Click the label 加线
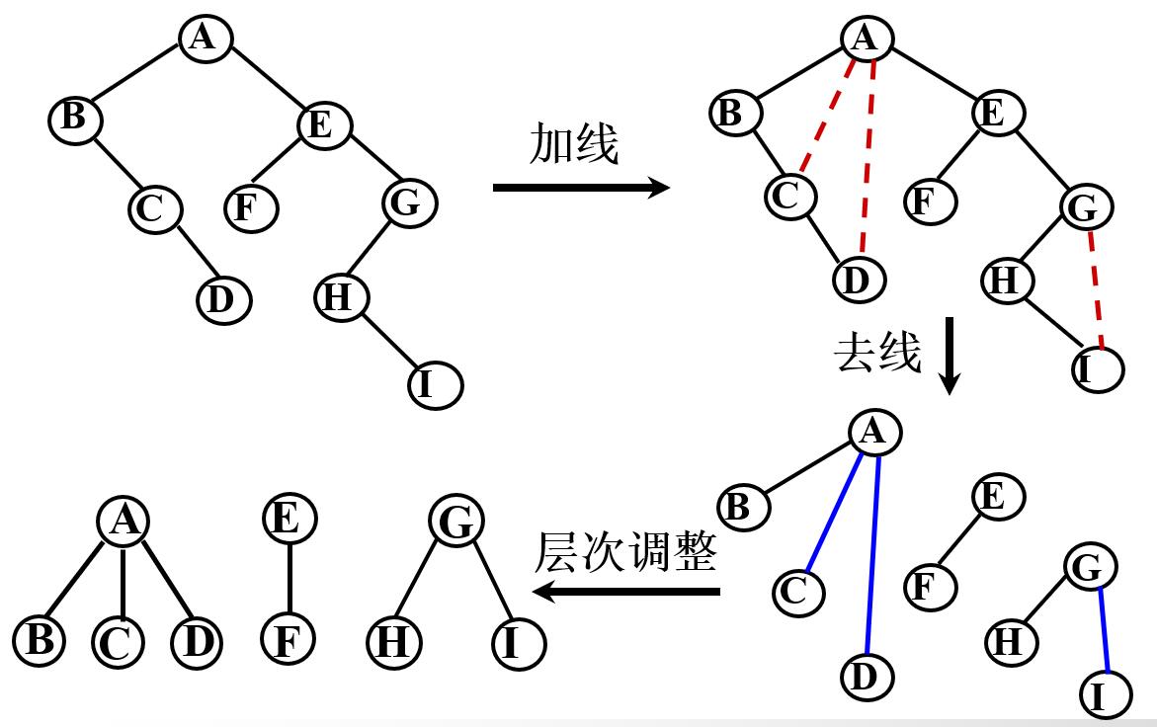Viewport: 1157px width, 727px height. pyautogui.click(x=573, y=145)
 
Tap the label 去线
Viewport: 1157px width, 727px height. pyautogui.click(x=877, y=353)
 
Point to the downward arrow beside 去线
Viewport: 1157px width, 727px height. pyautogui.click(x=949, y=356)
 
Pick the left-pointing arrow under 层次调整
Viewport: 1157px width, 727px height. pyautogui.click(x=626, y=591)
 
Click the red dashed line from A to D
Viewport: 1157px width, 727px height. pyautogui.click(x=868, y=158)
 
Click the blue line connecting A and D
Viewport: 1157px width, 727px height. pyautogui.click(x=873, y=553)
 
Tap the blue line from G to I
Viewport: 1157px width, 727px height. pyautogui.click(x=1105, y=629)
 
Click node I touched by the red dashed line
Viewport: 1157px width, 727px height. pyautogui.click(x=1097, y=369)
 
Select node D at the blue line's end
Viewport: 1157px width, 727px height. pyautogui.click(x=867, y=678)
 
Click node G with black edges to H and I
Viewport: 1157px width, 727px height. pyautogui.click(x=455, y=523)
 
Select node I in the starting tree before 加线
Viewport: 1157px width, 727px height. pyautogui.click(x=436, y=385)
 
